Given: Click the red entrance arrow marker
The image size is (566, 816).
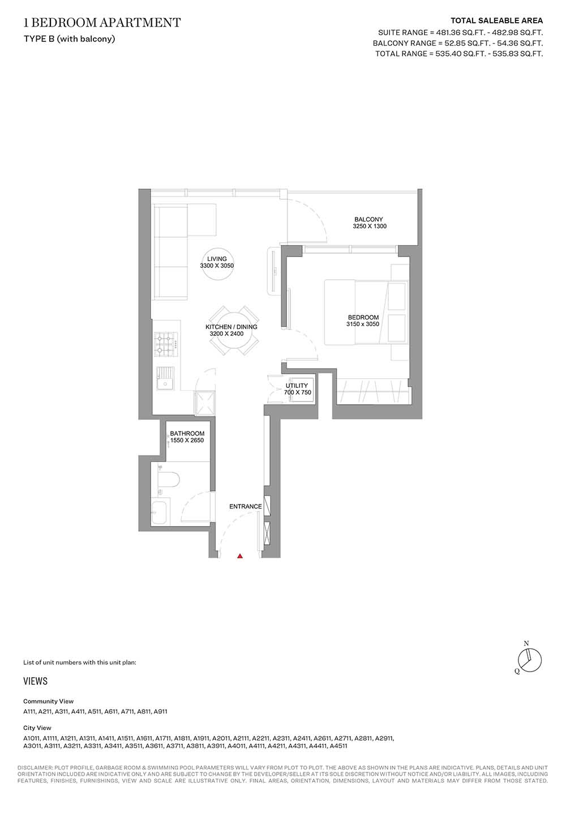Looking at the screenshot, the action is click(x=239, y=556).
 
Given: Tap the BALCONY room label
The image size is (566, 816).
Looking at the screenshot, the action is click(x=368, y=219).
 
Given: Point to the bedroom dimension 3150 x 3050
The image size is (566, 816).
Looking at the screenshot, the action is click(x=362, y=324).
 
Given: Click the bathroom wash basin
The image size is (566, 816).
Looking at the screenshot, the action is click(x=160, y=512).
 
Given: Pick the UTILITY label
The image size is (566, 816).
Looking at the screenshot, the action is click(x=297, y=386).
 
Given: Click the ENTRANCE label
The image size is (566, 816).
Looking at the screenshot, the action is click(x=246, y=506).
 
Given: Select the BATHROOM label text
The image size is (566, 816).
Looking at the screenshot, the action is click(x=187, y=434).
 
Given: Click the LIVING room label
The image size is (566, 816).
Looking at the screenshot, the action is click(x=217, y=259).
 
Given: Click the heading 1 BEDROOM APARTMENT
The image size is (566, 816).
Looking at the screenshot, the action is click(x=102, y=23).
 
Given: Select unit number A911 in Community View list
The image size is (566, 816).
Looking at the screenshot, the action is click(x=160, y=711).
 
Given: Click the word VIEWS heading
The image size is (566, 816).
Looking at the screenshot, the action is click(x=35, y=681).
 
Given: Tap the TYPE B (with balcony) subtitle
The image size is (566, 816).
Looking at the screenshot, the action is click(x=70, y=39).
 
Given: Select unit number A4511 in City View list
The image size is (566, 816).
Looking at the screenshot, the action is click(x=338, y=746).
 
